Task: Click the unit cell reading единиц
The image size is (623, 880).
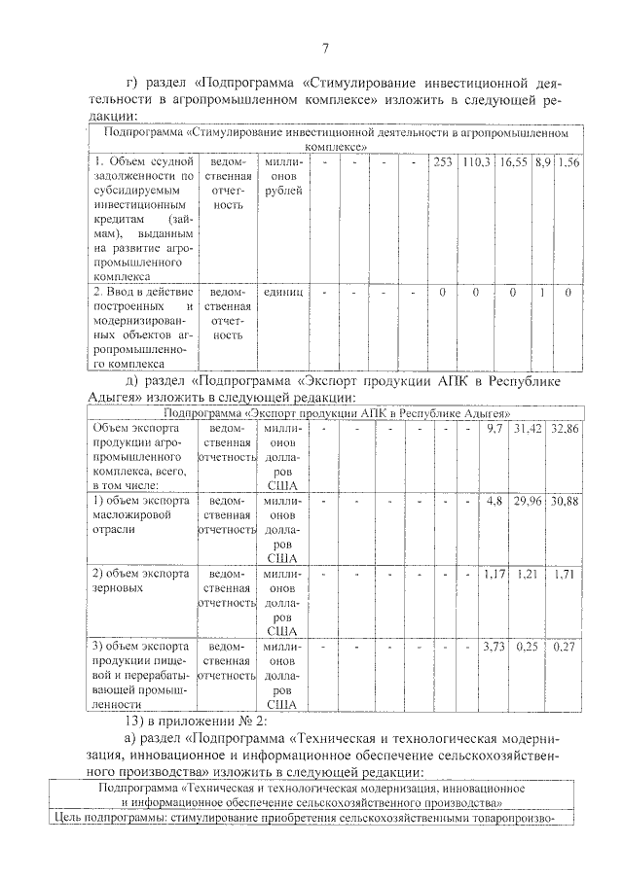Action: pyautogui.click(x=283, y=291)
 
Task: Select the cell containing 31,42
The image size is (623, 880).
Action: pyautogui.click(x=529, y=429)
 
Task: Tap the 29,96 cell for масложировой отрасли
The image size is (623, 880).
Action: pyautogui.click(x=529, y=501)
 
